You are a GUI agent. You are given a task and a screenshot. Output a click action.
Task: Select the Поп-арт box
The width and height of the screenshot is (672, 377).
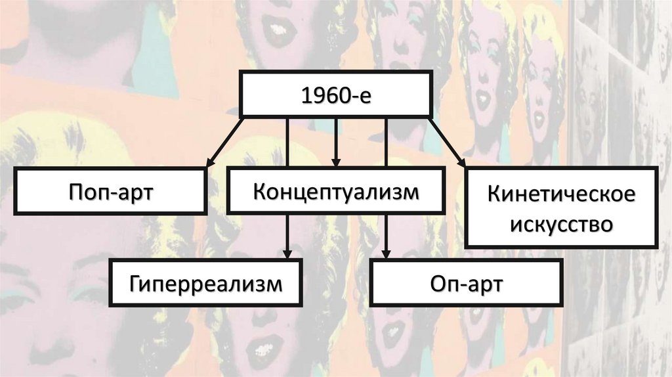pyautogui.click(x=110, y=191)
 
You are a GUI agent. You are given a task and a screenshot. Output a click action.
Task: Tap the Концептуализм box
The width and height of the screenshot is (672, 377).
pyautogui.click(x=335, y=191)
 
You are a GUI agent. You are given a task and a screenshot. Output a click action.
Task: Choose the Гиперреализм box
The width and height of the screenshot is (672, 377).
pyautogui.click(x=205, y=283)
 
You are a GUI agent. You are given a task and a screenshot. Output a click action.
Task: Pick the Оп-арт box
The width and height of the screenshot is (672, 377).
pyautogui.click(x=466, y=283)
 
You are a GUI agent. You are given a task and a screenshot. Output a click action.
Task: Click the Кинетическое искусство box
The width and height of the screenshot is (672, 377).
pyautogui.click(x=561, y=207)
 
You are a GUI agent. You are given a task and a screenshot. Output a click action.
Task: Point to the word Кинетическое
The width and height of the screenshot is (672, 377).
pyautogui.click(x=561, y=195)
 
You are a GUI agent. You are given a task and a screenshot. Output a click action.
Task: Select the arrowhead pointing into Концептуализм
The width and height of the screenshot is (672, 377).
pyautogui.click(x=336, y=161)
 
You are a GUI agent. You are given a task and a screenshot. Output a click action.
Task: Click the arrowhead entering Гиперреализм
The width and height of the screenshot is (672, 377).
pyautogui.click(x=287, y=253)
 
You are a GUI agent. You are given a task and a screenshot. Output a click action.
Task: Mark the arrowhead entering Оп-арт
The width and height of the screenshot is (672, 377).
pyautogui.click(x=386, y=253)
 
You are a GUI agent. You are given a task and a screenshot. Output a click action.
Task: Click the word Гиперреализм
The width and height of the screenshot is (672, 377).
pyautogui.click(x=205, y=283)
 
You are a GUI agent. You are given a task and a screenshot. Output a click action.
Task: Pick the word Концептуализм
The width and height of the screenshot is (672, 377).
pyautogui.click(x=335, y=191)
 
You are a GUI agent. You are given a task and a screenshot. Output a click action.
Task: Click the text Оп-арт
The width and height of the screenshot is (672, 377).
pyautogui.click(x=466, y=283)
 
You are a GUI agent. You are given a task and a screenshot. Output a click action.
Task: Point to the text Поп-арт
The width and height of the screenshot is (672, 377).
pyautogui.click(x=110, y=191)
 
